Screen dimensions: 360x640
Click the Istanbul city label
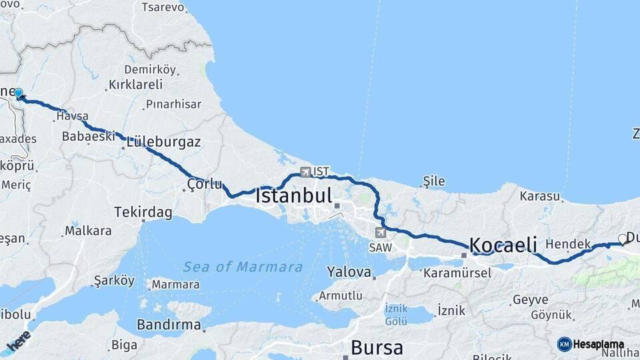293,196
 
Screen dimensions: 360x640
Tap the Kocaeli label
503,245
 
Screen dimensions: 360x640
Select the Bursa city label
377,347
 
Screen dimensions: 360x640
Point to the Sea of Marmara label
243,267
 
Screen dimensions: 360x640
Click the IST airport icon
305,171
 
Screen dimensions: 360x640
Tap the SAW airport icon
380,233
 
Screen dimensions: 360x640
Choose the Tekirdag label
143,212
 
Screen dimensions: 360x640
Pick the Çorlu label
204,184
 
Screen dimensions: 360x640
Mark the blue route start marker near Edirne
18,94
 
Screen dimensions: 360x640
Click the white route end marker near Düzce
623,239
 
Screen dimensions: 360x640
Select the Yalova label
349,271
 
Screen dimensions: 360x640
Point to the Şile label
434,181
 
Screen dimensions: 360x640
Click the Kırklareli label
135,85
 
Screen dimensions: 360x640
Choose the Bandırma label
168,325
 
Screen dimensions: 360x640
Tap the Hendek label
567,244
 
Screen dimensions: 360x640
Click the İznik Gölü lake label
396,315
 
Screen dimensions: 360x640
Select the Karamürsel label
457,272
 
